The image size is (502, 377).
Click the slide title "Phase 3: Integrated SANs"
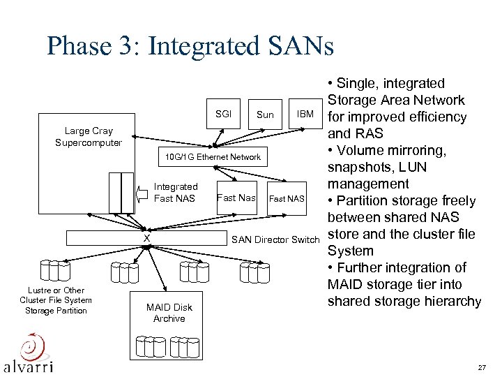(x=190, y=46)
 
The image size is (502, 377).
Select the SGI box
(x=223, y=114)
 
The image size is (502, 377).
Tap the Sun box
(x=265, y=114)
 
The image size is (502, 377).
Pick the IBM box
(x=305, y=114)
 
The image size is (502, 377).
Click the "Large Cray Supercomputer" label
(x=89, y=137)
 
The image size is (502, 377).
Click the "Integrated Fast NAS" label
(x=176, y=193)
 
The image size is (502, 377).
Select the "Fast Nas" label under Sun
(x=236, y=198)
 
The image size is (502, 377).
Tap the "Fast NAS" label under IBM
(x=287, y=199)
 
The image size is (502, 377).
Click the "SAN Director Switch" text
(x=275, y=240)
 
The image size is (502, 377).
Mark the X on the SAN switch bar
(x=146, y=239)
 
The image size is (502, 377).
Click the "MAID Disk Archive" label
(x=169, y=313)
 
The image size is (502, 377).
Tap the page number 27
(x=482, y=367)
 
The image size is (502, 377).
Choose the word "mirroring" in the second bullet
(x=412, y=150)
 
